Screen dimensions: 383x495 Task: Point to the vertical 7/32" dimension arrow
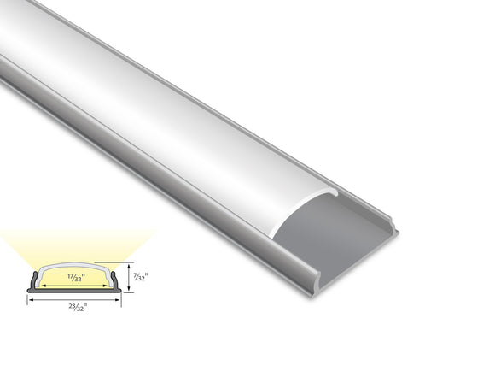[128, 276]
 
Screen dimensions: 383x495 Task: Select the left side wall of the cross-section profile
[34, 280]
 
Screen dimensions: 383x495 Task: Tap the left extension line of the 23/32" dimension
[28, 298]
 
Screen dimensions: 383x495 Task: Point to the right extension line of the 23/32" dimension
[122, 298]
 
